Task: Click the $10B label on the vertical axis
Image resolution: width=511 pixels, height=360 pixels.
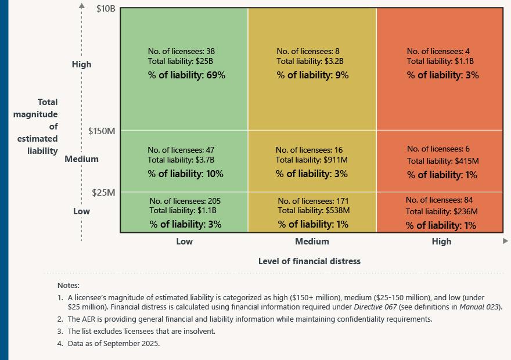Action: pos(105,9)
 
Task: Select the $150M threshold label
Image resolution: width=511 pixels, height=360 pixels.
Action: pos(102,131)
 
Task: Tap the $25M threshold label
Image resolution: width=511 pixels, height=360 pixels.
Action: pos(103,192)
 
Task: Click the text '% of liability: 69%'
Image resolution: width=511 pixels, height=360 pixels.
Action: pos(186,75)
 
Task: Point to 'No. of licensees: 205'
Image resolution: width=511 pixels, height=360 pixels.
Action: pos(185,201)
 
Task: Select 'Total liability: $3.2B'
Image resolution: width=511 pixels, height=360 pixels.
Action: pos(310,61)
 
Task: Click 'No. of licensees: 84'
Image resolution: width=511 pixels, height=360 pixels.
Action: pos(440,200)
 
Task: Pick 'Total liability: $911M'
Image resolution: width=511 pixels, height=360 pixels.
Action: pos(312,160)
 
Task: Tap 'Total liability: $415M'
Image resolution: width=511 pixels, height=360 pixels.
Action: pos(442,161)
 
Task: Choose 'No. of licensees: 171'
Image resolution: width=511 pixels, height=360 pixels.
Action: pos(314,201)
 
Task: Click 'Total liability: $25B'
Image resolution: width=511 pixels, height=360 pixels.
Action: pos(181,61)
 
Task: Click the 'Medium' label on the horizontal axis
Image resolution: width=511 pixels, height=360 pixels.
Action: pos(312,242)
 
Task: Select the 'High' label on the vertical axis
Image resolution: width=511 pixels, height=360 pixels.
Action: pos(81,64)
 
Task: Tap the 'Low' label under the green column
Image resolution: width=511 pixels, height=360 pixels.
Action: pos(184,242)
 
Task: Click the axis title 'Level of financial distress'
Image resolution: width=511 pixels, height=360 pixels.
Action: pos(309,261)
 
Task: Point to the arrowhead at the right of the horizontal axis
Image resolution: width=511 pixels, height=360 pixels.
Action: pos(505,240)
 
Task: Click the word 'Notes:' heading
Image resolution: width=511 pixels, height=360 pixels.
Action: pos(69,285)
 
